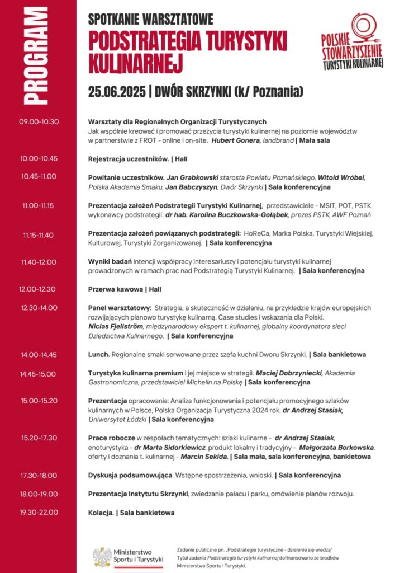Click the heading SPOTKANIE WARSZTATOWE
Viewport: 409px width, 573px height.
[151, 20]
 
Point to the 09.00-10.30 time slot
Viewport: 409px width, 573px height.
[39, 122]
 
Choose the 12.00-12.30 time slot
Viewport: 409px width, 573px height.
[38, 289]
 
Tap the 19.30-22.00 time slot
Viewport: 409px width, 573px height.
[38, 512]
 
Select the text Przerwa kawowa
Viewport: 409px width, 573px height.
[116, 289]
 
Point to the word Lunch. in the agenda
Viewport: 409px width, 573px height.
[99, 354]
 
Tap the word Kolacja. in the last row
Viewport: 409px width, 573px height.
[101, 512]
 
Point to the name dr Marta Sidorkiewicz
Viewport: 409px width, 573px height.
[170, 447]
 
